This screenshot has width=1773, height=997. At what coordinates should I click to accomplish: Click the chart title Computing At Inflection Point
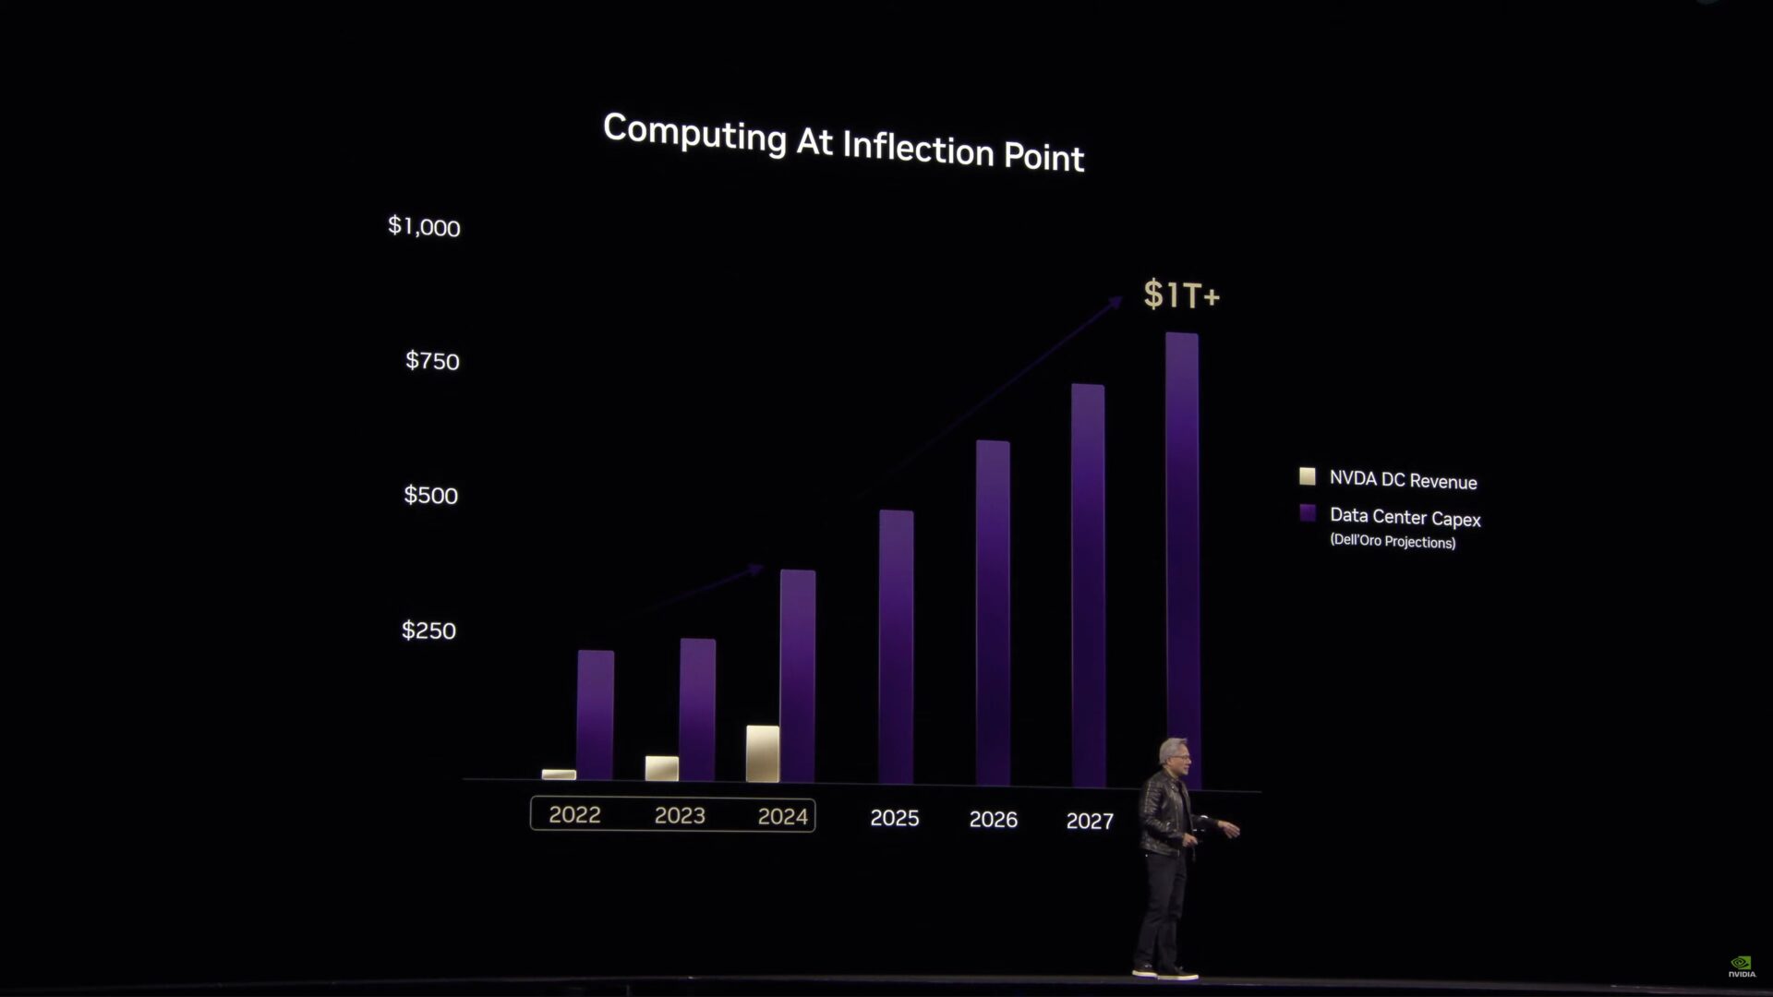point(843,143)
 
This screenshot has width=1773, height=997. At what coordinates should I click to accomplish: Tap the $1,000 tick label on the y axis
point(424,226)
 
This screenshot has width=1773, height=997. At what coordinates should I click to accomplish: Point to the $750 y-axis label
point(432,361)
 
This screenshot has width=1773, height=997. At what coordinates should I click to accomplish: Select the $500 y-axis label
point(430,496)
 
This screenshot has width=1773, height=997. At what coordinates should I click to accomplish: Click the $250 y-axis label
point(428,631)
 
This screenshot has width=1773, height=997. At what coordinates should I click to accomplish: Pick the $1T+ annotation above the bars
point(1181,294)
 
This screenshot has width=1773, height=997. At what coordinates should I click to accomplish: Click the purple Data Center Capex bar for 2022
point(596,715)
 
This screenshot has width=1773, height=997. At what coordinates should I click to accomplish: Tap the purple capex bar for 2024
point(797,676)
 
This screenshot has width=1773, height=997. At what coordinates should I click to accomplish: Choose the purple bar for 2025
point(896,646)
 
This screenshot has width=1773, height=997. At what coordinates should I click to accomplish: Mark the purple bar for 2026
point(993,613)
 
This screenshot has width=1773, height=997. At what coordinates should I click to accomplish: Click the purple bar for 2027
point(1088,585)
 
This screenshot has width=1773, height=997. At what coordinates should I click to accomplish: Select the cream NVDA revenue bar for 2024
point(762,753)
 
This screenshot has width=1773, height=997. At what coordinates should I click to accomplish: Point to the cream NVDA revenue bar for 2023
point(661,768)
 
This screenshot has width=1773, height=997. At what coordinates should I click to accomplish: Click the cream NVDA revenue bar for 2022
point(559,775)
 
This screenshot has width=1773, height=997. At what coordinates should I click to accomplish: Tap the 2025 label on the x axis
point(894,819)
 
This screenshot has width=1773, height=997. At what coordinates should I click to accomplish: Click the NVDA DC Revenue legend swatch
point(1307,476)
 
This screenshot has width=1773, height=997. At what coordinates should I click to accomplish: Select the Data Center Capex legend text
point(1405,518)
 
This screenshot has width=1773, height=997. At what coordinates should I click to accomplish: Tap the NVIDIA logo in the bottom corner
point(1742,967)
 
